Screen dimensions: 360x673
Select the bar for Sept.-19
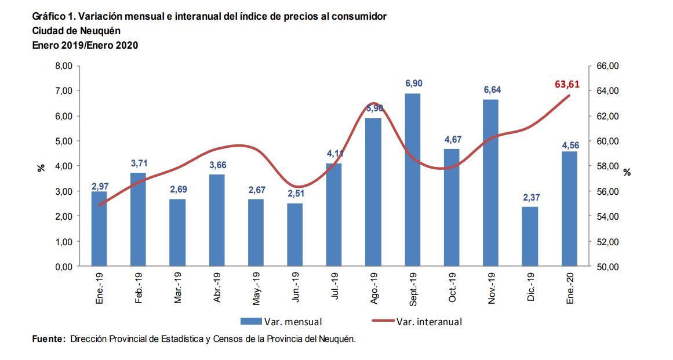click(412, 180)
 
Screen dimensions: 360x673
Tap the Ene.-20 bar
click(569, 209)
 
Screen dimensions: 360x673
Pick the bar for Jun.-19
click(294, 235)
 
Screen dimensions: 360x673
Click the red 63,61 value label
click(567, 84)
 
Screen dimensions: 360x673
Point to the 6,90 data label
click(412, 85)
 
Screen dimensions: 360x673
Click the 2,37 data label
click(529, 198)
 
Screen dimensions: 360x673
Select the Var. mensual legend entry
click(282, 321)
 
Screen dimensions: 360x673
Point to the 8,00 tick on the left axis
click(63, 66)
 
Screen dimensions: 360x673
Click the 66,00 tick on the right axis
click(607, 66)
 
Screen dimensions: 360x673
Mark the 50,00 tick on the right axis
click(607, 267)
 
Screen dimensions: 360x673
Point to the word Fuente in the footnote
click(48, 339)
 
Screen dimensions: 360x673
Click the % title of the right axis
click(627, 172)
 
